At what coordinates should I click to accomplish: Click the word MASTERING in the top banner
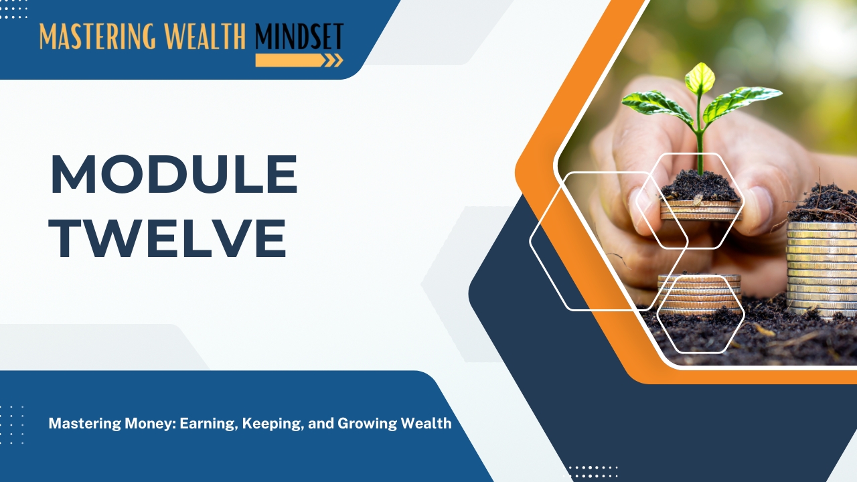[98, 36]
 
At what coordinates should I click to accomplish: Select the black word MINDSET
[299, 36]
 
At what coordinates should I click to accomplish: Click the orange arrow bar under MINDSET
[299, 60]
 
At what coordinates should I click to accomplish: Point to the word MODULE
[174, 175]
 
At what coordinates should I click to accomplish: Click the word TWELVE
[167, 238]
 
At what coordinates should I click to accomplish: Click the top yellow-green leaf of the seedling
[700, 78]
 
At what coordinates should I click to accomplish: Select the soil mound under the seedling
[700, 187]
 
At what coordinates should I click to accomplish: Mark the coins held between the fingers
[701, 210]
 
